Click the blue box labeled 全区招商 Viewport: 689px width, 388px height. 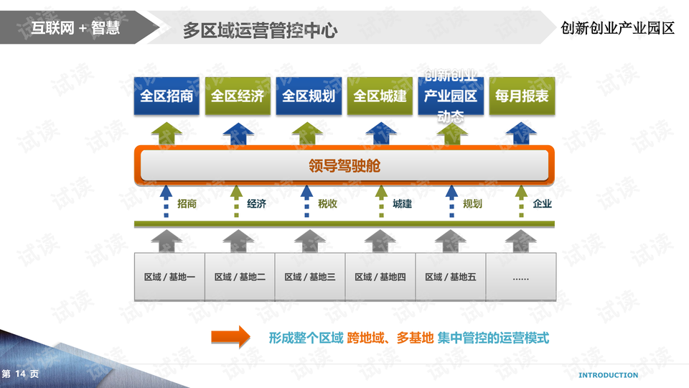tap(167, 96)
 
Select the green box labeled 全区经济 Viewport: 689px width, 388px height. tap(238, 96)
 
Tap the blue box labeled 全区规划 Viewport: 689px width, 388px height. tap(309, 96)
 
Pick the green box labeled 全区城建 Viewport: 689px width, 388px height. tap(380, 96)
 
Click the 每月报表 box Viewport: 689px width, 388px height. tap(522, 96)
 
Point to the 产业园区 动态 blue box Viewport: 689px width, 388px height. tap(451, 96)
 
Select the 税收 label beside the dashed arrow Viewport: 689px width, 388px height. tap(328, 204)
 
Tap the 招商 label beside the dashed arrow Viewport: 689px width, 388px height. tap(187, 204)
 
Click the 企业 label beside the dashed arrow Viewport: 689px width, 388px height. tap(543, 204)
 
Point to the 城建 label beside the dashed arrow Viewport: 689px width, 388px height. tap(402, 204)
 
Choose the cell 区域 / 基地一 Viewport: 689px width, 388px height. tap(169, 277)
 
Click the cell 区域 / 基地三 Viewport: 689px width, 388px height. tap(310, 277)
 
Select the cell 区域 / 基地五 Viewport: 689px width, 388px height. tap(451, 277)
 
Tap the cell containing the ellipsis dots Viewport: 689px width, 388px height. tap(521, 277)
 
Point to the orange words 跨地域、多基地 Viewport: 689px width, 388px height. tap(390, 338)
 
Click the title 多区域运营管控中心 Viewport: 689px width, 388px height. tap(260, 30)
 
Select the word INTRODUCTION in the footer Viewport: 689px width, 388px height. tap(608, 375)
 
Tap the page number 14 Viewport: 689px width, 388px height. tap(20, 374)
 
